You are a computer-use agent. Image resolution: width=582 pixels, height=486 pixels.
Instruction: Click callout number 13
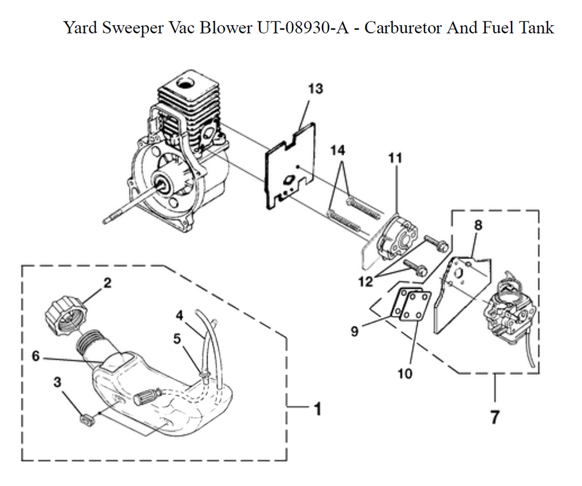tap(315, 89)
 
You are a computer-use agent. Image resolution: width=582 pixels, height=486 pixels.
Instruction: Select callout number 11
tap(395, 158)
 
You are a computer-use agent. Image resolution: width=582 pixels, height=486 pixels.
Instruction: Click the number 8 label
tap(478, 224)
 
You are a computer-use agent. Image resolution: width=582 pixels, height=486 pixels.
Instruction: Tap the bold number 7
tap(494, 417)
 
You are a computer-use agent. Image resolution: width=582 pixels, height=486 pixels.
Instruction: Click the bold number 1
tap(317, 410)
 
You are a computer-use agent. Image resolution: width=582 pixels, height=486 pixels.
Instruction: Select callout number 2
tap(107, 283)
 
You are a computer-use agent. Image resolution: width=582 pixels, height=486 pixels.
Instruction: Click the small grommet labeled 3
tap(86, 420)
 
